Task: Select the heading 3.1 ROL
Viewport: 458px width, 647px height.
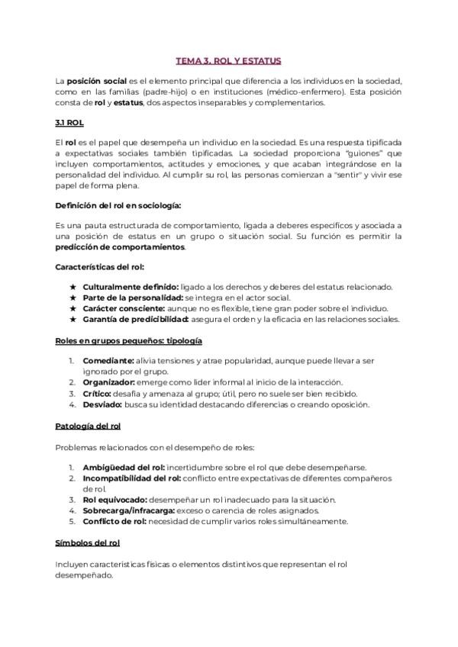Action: tap(71, 122)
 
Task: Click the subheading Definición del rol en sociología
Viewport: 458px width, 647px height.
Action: tap(118, 205)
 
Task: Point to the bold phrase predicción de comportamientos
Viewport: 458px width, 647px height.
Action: tap(120, 247)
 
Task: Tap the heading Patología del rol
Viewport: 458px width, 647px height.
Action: tap(88, 425)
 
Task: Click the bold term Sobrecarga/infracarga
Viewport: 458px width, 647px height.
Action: tap(130, 510)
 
